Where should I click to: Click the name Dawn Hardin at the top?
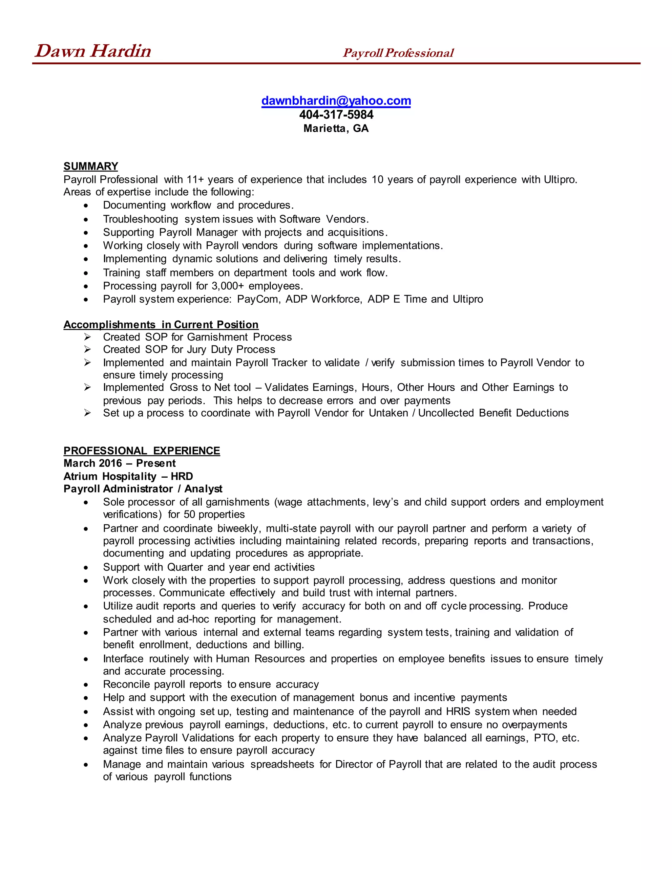[x=93, y=51]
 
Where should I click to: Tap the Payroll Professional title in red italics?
[x=398, y=53]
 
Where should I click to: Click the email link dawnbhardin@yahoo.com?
[x=336, y=101]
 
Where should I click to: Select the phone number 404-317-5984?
[x=336, y=115]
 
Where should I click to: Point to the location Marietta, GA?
[x=336, y=128]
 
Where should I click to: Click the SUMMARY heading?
[x=91, y=166]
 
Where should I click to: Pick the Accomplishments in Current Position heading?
[x=161, y=325]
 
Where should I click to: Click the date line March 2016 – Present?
[x=119, y=463]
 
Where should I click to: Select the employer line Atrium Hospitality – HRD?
[x=128, y=476]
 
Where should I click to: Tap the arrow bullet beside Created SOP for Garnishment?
[x=88, y=337]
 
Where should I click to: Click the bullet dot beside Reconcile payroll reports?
[x=86, y=685]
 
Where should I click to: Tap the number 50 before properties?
[x=190, y=514]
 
